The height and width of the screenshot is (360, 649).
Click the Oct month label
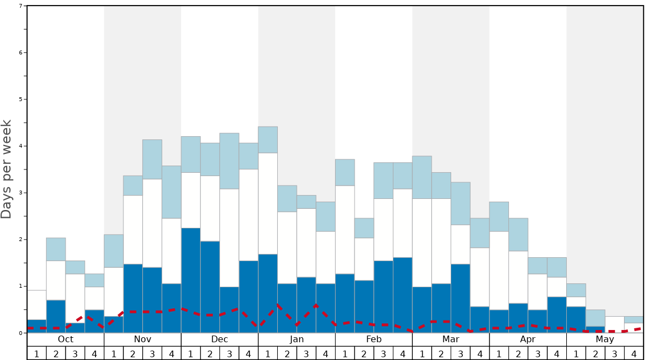coord(66,339)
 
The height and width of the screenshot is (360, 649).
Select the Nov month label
coord(142,339)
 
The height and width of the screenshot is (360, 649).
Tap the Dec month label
coord(219,339)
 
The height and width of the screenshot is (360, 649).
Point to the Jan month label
coord(297,339)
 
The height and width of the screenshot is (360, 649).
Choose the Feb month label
coord(374,339)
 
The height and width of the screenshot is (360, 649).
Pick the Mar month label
coord(451,339)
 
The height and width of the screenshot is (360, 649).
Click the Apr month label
coord(528,339)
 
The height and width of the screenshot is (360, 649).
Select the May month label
coord(605,339)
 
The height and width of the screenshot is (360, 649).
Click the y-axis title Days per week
coord(7,169)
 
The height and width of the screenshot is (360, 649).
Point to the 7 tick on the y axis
coord(21,6)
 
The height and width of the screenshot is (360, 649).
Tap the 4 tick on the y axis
coord(21,146)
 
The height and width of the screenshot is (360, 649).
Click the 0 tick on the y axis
coord(21,333)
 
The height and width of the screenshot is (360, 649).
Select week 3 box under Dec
coord(229,353)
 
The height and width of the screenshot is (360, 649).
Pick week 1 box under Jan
coord(268,353)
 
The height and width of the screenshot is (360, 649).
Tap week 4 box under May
coord(634,353)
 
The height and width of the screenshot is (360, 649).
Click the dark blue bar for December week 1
coord(191,281)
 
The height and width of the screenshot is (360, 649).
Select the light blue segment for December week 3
coord(229,161)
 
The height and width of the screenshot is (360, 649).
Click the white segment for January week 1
coord(268,203)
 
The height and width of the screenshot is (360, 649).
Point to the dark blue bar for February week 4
coord(403,295)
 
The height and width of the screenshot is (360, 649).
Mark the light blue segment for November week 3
coord(152,159)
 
